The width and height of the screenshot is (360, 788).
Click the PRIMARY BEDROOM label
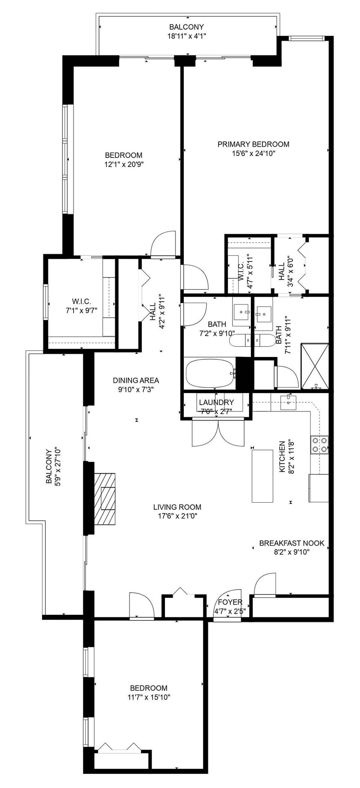point(253,144)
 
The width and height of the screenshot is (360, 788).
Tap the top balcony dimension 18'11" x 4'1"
point(186,36)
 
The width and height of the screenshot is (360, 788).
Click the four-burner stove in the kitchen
point(319,444)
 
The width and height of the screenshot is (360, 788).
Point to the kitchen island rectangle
point(262,476)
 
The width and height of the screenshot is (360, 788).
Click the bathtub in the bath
point(210,374)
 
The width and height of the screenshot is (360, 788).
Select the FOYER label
point(230,602)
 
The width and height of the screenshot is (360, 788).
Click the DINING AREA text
point(136,380)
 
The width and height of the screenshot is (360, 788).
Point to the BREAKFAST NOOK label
point(291,543)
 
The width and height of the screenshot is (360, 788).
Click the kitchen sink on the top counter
point(288,402)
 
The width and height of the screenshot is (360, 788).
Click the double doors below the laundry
point(218,433)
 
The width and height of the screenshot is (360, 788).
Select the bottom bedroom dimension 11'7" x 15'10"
point(148,697)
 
